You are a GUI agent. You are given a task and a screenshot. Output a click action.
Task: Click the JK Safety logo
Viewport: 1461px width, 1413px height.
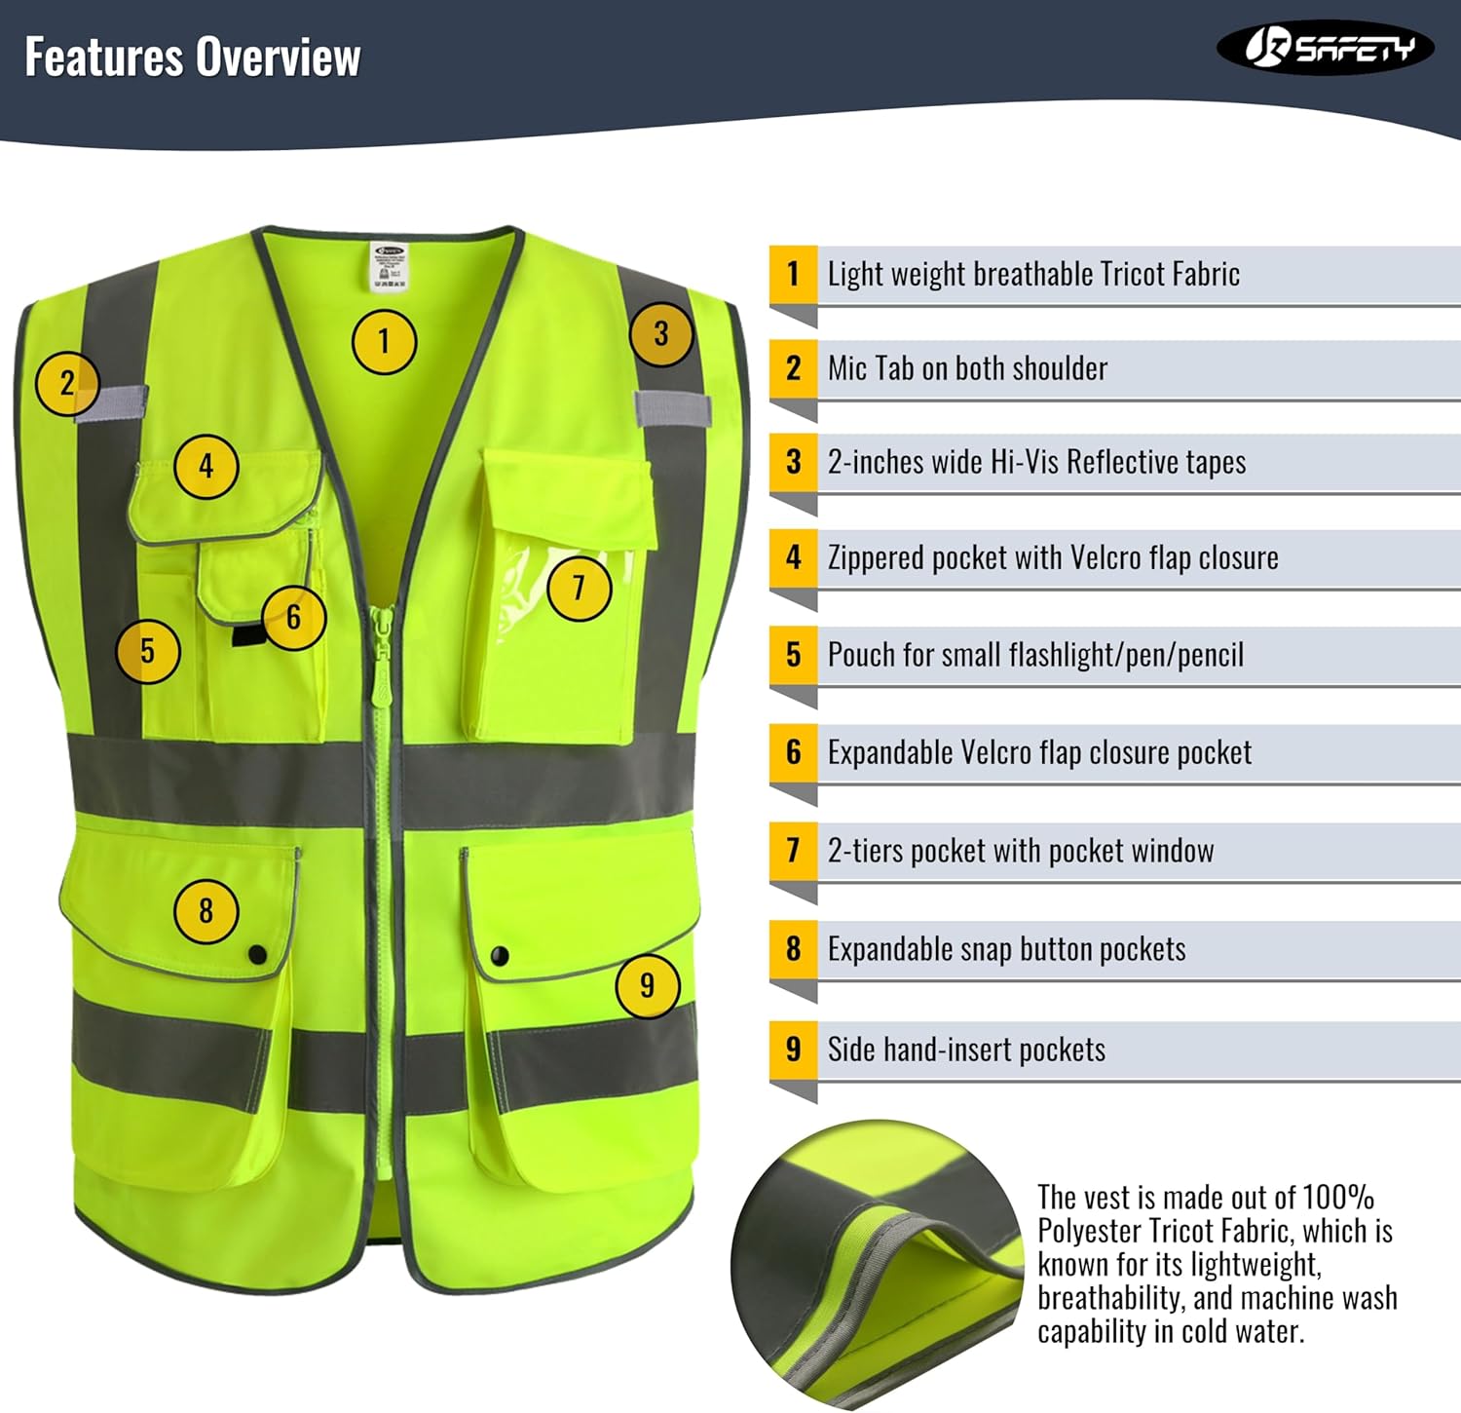(1325, 48)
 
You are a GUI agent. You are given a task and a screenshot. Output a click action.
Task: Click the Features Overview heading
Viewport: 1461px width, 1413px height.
(192, 57)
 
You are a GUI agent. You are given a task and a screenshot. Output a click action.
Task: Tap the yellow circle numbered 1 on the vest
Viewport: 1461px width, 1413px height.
(384, 342)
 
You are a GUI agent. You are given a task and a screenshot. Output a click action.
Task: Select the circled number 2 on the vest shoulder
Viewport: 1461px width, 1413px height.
(66, 383)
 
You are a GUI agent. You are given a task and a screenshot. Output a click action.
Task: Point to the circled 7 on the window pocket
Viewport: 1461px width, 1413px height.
(579, 588)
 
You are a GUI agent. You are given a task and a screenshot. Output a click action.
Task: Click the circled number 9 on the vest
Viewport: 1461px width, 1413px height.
(647, 985)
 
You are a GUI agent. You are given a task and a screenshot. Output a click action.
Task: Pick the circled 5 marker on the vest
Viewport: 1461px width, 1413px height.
(147, 651)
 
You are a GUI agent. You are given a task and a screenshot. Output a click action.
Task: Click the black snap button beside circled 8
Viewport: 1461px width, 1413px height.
(257, 954)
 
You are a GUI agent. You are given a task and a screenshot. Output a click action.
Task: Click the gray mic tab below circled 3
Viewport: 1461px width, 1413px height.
(672, 408)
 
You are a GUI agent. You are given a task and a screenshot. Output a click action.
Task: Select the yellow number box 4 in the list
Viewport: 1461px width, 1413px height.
(793, 557)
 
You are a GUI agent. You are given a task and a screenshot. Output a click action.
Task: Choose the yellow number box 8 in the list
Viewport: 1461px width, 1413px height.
(793, 949)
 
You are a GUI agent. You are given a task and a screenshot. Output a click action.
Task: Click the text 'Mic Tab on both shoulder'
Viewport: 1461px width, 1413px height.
(967, 368)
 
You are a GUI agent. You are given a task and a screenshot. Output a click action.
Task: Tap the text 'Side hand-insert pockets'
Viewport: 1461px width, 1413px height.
(966, 1050)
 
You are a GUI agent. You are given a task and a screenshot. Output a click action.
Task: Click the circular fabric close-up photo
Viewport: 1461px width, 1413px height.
(877, 1265)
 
